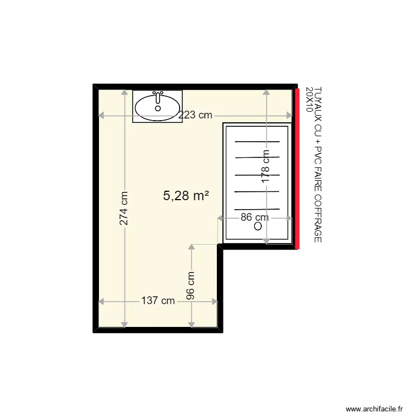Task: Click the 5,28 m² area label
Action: (186, 196)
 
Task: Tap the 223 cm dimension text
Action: (195, 115)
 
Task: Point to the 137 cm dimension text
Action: (158, 301)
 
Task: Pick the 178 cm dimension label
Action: (266, 166)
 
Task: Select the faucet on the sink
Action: (158, 97)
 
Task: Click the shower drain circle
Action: (258, 226)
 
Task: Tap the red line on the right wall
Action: (297, 167)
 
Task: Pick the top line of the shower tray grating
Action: (256, 142)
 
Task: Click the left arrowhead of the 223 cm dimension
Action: (101, 115)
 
